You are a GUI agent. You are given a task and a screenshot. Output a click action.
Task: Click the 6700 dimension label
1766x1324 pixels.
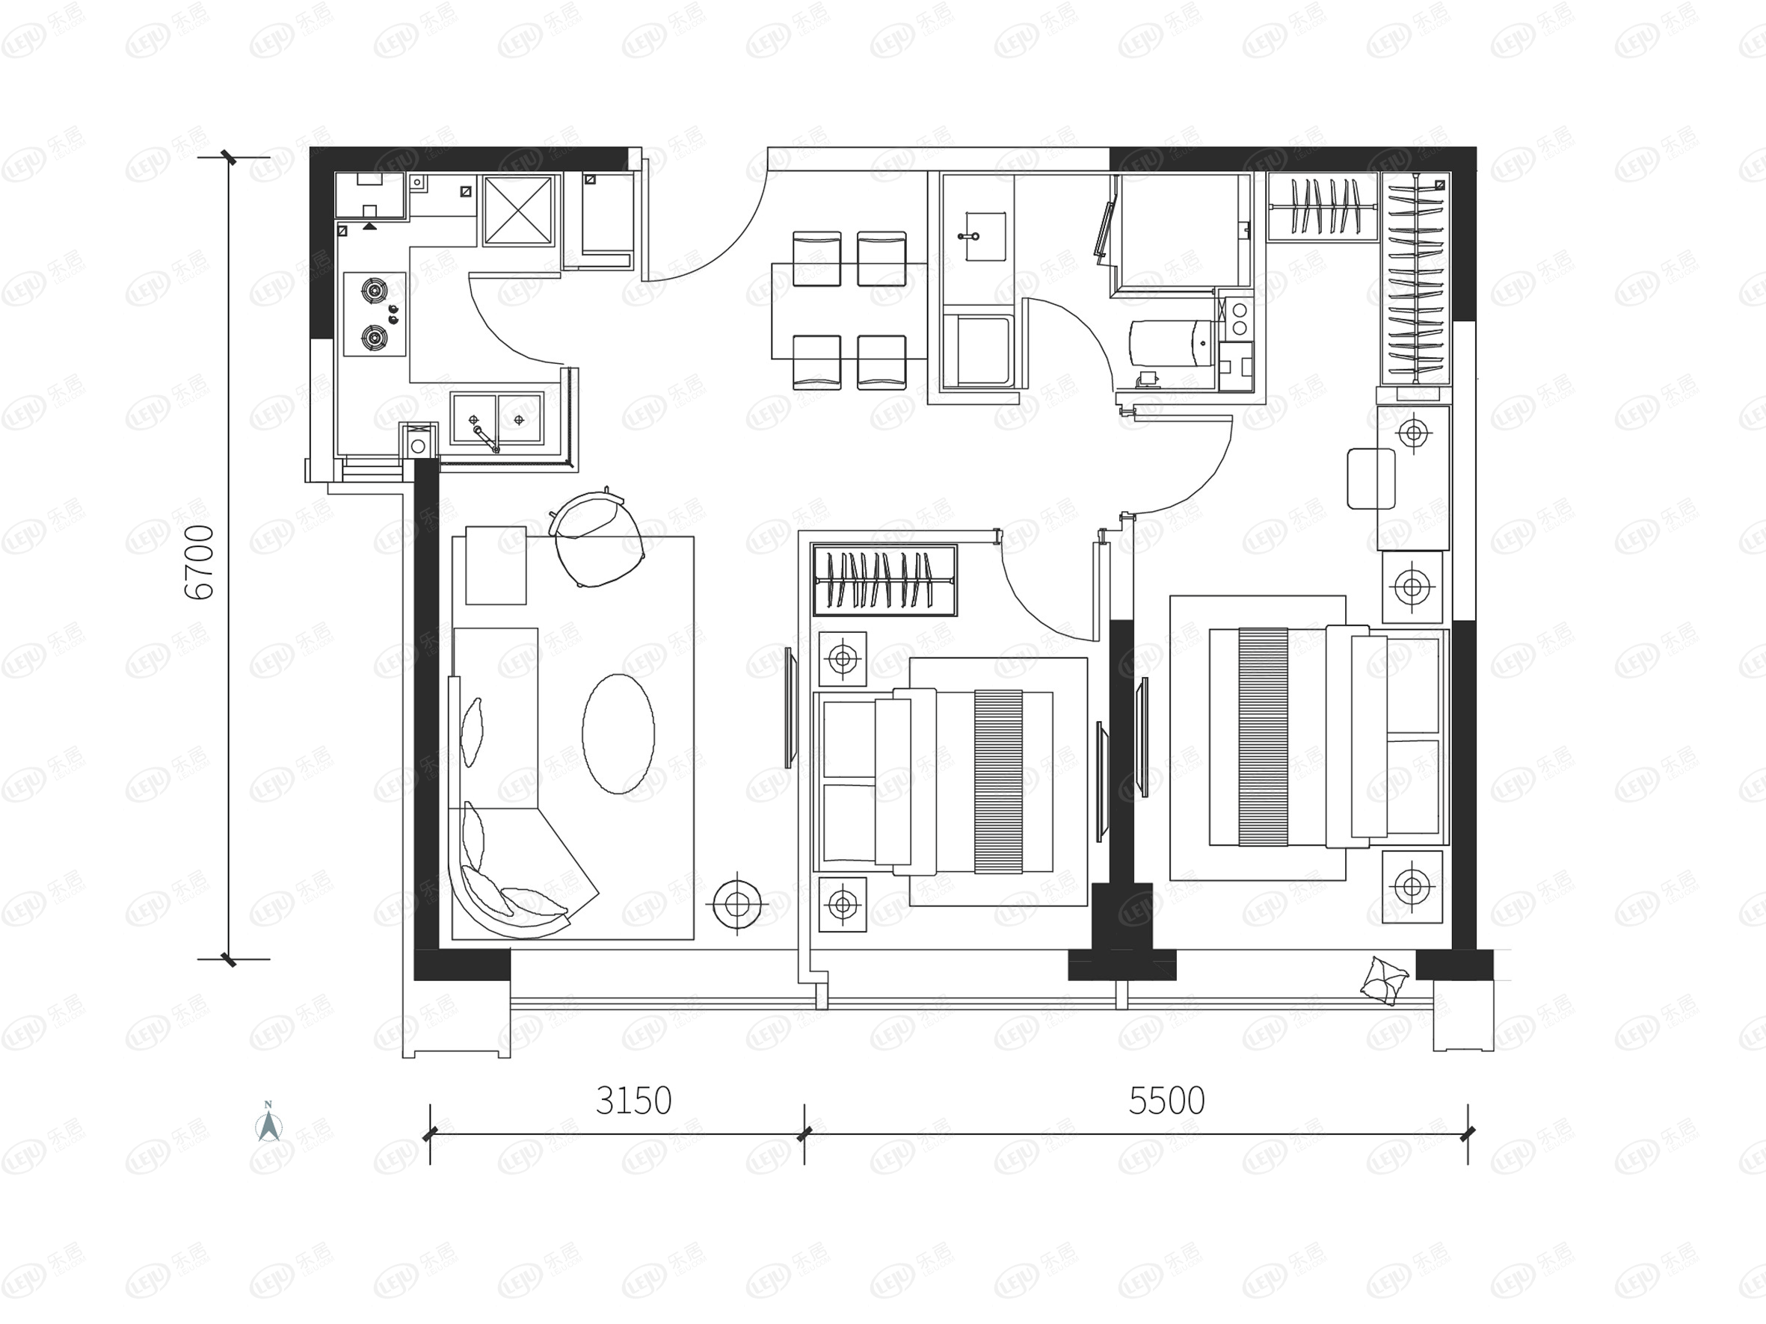(x=200, y=563)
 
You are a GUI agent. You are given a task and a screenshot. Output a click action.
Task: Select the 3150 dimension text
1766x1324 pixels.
(x=633, y=1101)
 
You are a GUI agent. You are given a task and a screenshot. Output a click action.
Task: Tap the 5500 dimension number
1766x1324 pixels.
(x=1166, y=1101)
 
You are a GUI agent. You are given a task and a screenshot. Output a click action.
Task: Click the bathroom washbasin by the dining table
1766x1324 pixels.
(x=985, y=236)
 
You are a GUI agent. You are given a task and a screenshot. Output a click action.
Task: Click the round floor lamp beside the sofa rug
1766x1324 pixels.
(x=737, y=904)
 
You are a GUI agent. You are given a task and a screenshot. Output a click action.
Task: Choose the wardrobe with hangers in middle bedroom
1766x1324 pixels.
(x=884, y=581)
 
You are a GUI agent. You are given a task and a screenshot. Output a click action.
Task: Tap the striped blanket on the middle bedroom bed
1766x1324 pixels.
(x=998, y=782)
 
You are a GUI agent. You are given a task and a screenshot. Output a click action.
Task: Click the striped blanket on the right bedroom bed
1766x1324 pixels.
(x=1263, y=737)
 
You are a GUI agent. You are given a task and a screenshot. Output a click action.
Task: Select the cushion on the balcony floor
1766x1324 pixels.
(x=1384, y=981)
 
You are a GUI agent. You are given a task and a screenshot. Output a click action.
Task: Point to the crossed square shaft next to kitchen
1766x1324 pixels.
(x=518, y=210)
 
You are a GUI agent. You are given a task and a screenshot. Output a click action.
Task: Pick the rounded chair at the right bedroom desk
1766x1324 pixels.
(x=1370, y=479)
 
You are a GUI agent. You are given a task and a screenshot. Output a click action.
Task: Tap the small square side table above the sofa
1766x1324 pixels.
(x=496, y=565)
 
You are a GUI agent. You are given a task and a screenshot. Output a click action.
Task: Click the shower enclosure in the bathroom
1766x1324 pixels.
(x=1185, y=232)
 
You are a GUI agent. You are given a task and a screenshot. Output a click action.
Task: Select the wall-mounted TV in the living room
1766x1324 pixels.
(x=789, y=707)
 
